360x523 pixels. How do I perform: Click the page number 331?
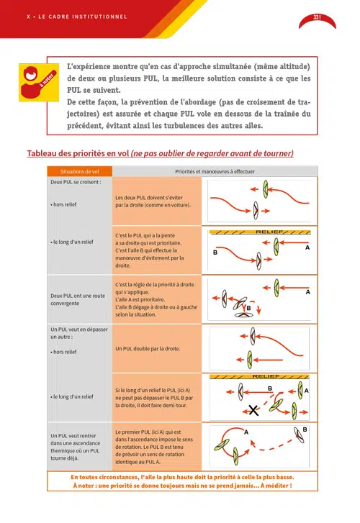317,17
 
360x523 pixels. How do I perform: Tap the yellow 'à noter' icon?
39,83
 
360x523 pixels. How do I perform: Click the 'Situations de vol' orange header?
80,171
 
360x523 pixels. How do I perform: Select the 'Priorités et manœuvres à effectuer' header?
215,171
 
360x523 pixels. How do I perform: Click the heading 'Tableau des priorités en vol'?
78,153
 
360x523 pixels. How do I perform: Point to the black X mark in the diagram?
253,410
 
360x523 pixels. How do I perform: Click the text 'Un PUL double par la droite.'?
148,349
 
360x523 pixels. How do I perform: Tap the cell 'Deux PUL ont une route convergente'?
78,299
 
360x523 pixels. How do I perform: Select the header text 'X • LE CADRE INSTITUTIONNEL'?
77,17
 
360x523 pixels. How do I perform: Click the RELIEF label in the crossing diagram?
269,232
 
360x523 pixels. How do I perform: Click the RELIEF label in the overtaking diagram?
266,376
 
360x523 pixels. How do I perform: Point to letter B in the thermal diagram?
305,429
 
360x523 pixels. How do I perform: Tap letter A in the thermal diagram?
246,432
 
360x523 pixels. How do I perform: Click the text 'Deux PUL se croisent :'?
76,182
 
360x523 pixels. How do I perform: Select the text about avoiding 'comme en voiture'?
153,201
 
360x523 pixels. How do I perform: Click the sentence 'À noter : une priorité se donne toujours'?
182,486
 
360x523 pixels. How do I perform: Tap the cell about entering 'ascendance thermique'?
76,447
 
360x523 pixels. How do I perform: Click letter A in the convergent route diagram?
308,292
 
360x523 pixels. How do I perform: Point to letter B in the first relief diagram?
215,253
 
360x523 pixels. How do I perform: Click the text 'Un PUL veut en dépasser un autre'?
79,333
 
